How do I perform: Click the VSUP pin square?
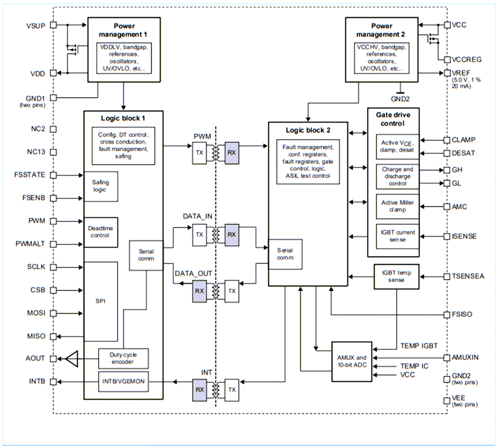[x=53, y=25]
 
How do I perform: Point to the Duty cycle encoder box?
[x=123, y=358]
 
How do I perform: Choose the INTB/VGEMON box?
[x=123, y=381]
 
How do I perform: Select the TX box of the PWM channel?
[x=199, y=152]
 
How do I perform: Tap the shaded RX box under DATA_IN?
[x=231, y=234]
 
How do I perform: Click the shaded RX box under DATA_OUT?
[x=199, y=291]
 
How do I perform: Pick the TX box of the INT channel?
[x=232, y=389]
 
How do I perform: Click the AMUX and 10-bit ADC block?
[x=352, y=361]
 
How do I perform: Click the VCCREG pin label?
[x=467, y=60]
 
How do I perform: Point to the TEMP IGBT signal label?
[x=419, y=346]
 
